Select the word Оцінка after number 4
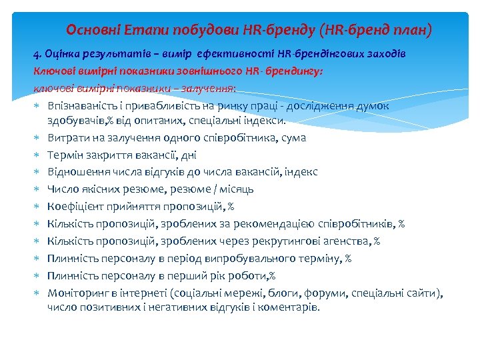pyautogui.click(x=66, y=53)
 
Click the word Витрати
pyautogui.click(x=67, y=137)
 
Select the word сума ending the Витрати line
pyautogui.click(x=294, y=137)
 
